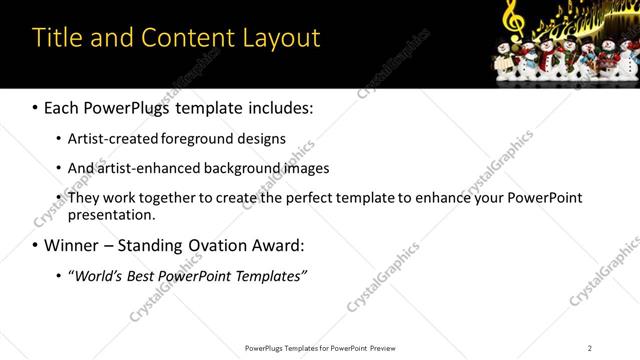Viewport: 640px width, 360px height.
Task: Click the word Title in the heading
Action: pos(56,38)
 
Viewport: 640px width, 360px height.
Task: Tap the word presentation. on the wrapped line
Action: pos(112,215)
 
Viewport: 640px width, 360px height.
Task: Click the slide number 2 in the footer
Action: pos(590,348)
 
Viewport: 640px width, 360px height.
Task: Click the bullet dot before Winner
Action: pos(36,245)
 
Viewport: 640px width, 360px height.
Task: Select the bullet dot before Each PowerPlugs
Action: pos(36,106)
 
